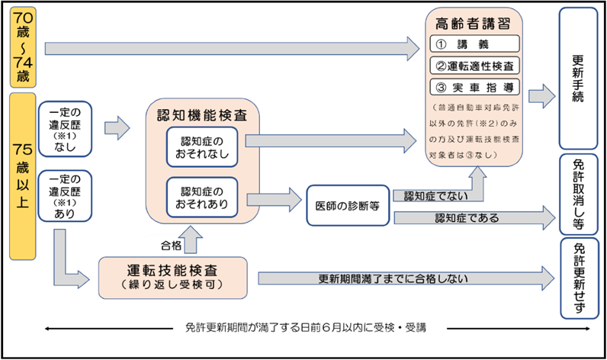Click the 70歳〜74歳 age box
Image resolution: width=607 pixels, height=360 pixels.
click(23, 47)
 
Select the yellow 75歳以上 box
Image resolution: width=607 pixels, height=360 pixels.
click(23, 176)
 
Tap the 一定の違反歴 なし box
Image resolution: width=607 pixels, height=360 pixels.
click(65, 130)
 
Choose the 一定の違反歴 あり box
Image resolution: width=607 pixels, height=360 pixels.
click(65, 196)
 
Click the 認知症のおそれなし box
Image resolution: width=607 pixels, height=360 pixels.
click(202, 147)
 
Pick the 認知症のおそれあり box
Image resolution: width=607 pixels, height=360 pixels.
click(202, 198)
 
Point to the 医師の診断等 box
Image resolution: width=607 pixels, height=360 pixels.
click(348, 205)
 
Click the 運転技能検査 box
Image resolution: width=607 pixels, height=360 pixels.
click(172, 278)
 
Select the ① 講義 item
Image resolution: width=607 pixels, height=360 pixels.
click(474, 43)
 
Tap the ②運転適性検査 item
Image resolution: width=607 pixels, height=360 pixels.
click(474, 66)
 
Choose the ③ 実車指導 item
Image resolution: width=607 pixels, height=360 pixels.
click(474, 88)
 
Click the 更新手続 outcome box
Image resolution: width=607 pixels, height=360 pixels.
click(578, 79)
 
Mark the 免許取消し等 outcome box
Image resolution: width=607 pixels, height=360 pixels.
click(578, 194)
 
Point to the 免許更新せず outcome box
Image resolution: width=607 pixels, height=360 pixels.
click(579, 278)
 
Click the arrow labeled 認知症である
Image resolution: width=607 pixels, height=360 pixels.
click(474, 218)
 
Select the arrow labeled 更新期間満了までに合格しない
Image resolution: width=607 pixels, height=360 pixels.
click(406, 278)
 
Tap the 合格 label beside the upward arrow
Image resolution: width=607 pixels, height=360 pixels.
click(171, 246)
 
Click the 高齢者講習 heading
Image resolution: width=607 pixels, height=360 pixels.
click(473, 24)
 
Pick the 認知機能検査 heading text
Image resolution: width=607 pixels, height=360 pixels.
click(202, 115)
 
